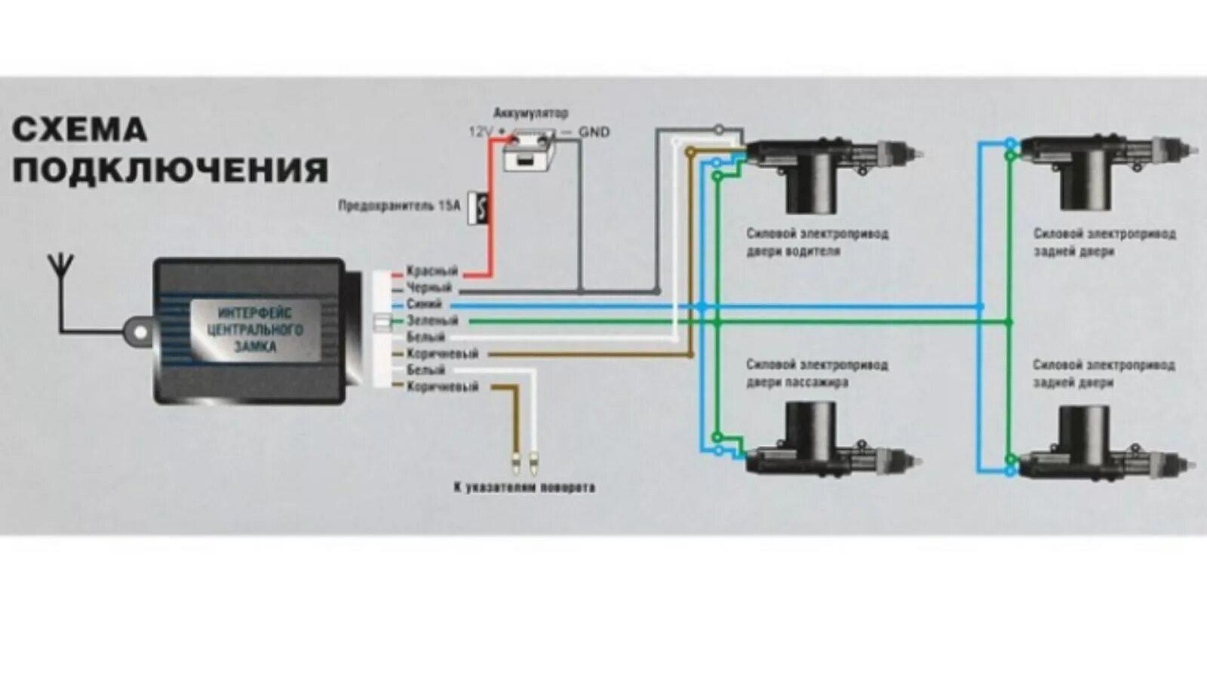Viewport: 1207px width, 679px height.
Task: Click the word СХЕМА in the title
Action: tap(79, 130)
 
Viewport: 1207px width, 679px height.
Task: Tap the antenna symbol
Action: tap(60, 266)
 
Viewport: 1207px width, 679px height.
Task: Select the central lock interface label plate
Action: tap(255, 330)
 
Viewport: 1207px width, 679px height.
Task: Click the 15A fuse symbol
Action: tap(478, 207)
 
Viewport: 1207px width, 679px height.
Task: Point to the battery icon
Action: tap(530, 153)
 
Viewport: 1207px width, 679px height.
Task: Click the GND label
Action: tap(594, 132)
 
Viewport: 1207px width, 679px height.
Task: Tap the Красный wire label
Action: tap(432, 271)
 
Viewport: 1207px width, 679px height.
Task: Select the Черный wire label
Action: tap(428, 287)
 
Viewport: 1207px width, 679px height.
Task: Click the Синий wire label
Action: tap(424, 304)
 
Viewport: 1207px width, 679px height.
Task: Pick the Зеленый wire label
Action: tap(432, 321)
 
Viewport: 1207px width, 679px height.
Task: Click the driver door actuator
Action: tap(830, 166)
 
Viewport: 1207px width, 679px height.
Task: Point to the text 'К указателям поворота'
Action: tap(524, 487)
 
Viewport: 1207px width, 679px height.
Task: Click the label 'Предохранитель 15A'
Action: tap(398, 205)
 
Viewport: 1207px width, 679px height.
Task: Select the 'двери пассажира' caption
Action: tap(797, 383)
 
